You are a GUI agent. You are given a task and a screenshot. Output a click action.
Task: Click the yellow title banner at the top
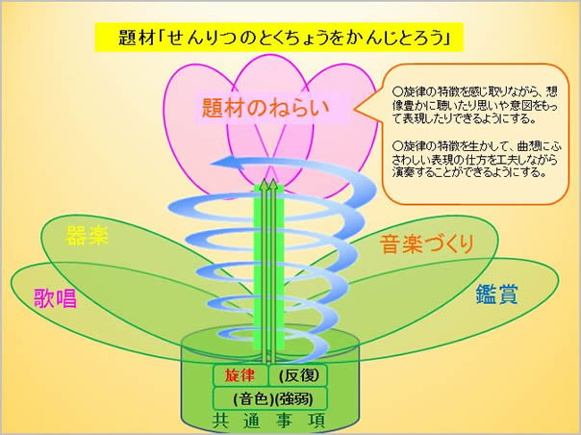click(x=279, y=38)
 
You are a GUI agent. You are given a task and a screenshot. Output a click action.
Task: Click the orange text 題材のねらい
click(x=265, y=108)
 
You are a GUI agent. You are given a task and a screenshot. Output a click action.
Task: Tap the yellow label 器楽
click(x=88, y=235)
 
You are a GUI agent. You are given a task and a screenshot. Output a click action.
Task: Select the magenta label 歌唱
click(x=55, y=297)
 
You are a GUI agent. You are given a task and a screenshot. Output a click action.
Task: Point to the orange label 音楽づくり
click(x=427, y=244)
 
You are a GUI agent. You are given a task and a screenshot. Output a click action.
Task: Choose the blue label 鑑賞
click(x=496, y=294)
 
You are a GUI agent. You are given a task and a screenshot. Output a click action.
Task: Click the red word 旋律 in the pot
click(x=240, y=375)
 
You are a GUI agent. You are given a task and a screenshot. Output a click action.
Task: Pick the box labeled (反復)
click(x=298, y=375)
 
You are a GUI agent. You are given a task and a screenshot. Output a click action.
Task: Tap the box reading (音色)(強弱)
click(x=270, y=398)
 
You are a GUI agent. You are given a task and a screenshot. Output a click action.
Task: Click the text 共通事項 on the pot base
click(x=268, y=421)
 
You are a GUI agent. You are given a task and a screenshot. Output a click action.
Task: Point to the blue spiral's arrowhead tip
click(x=212, y=164)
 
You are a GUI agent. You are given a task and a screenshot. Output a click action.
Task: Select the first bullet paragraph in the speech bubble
click(x=475, y=105)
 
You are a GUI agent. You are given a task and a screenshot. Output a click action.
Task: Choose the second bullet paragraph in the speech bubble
click(x=476, y=159)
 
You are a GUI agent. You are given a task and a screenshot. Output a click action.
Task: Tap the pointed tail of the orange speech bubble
click(x=355, y=110)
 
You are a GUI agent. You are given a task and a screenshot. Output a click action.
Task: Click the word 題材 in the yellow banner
click(x=136, y=38)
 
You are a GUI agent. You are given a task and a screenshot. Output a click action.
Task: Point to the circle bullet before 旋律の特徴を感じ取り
click(x=397, y=91)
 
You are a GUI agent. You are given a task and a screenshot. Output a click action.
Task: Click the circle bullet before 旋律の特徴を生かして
click(x=397, y=144)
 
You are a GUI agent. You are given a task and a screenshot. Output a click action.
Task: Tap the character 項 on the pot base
click(x=316, y=421)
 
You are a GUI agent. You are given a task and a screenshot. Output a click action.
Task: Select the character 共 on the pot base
click(x=221, y=421)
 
